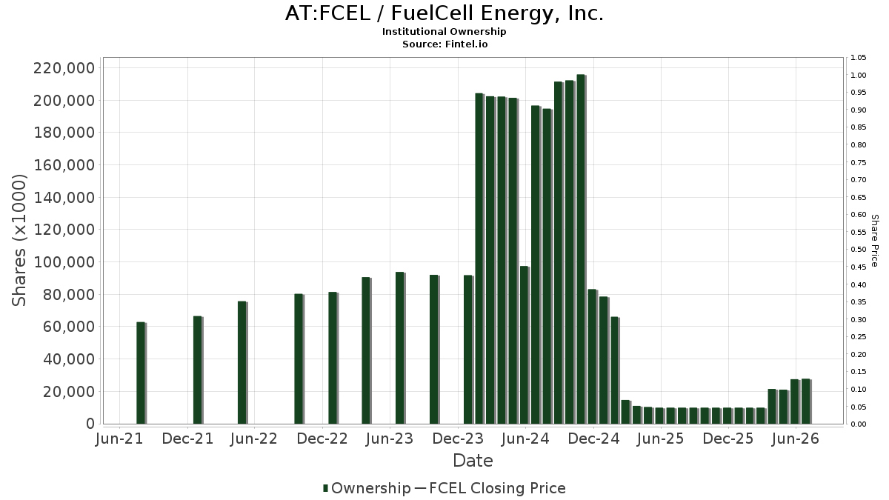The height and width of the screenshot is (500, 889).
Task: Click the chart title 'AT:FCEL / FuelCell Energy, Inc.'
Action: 444,13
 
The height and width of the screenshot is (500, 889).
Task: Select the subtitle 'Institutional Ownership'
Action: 444,32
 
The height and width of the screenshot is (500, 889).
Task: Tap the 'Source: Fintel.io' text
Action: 445,44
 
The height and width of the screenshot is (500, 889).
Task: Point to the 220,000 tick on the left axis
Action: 64,68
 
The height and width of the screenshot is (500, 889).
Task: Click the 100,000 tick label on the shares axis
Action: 64,262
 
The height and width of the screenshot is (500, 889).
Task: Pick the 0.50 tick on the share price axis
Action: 859,250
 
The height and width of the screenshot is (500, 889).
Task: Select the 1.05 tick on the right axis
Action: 859,58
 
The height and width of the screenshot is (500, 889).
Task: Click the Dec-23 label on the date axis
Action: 458,439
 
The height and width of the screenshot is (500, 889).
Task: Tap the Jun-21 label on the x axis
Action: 119,439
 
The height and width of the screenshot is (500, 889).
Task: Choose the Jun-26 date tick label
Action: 796,439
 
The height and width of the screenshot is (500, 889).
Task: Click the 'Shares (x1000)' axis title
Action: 19,241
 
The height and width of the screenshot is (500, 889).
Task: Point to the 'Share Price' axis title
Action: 875,241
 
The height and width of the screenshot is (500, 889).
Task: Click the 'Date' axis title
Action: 473,461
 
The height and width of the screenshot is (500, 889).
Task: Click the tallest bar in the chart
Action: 582,249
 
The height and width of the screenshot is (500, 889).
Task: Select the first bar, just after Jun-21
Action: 141,373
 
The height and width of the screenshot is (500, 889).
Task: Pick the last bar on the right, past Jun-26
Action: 806,401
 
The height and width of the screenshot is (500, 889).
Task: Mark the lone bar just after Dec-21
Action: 198,370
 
